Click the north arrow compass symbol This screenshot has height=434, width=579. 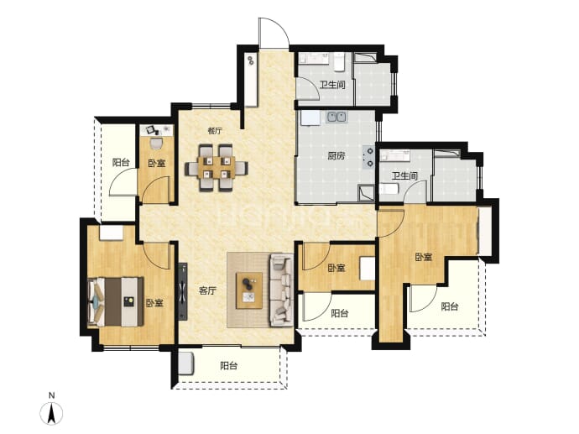[x=51, y=412]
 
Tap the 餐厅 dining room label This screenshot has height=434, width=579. [x=215, y=130]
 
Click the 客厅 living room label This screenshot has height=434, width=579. [x=207, y=291]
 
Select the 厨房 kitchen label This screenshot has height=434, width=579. [x=336, y=156]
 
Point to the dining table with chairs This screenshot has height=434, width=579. [x=216, y=168]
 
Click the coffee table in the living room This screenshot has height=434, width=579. [x=249, y=290]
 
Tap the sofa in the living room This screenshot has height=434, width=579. [x=282, y=290]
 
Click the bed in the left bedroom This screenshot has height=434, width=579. [x=115, y=301]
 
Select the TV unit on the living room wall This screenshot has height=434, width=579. [x=183, y=291]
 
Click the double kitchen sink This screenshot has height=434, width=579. [x=336, y=117]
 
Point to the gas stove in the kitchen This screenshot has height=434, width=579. [x=369, y=156]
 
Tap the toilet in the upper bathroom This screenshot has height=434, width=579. [x=339, y=61]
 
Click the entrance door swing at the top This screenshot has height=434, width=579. [x=274, y=33]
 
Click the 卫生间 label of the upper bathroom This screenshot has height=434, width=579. [x=332, y=85]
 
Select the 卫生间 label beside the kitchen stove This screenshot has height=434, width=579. [x=404, y=175]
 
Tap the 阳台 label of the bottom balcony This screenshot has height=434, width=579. [x=228, y=366]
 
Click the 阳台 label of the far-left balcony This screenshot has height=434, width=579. [x=121, y=162]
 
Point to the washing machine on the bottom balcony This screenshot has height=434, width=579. [x=185, y=363]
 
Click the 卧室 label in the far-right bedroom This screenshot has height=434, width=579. [x=423, y=257]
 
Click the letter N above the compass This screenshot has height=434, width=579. [x=52, y=395]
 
